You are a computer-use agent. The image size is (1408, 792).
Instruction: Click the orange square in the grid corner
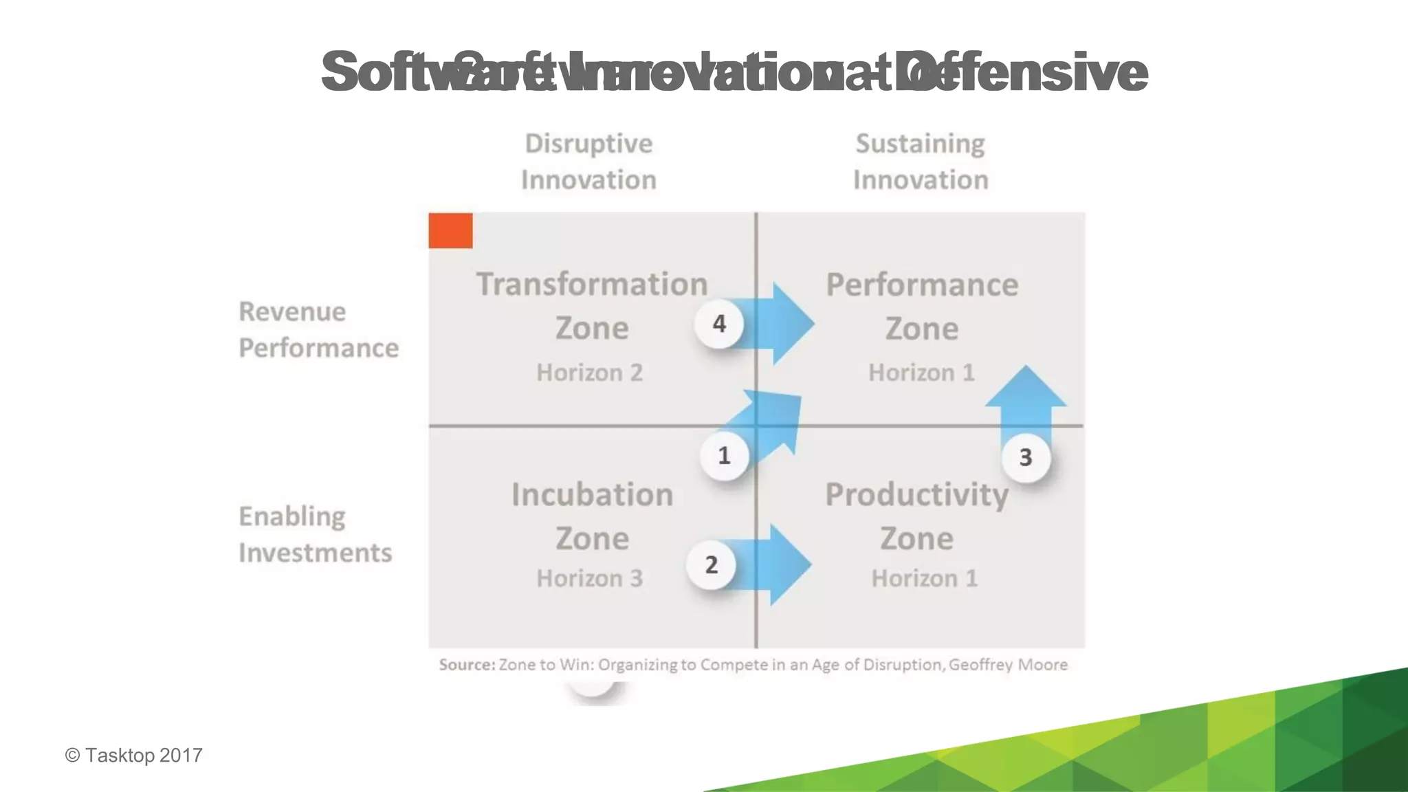pos(450,230)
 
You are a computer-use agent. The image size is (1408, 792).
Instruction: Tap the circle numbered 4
pos(719,323)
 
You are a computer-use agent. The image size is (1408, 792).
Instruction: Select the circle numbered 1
pos(724,455)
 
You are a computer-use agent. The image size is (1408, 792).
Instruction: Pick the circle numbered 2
pos(712,564)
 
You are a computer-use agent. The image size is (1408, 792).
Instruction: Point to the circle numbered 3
pos(1025,457)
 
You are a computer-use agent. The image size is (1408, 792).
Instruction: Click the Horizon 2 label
pos(589,373)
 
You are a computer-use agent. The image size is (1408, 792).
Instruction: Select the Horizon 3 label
pos(589,578)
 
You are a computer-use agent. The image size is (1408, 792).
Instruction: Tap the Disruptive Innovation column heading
pos(588,162)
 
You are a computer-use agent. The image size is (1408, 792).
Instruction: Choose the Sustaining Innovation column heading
pos(921,162)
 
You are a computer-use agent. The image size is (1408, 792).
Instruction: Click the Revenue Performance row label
pos(318,329)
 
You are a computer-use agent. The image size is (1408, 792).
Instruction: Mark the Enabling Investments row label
pos(315,534)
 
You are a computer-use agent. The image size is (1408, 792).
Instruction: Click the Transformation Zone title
pos(592,305)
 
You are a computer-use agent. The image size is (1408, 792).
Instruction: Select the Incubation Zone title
pos(592,516)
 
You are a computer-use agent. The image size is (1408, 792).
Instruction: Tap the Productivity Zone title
pos(916,516)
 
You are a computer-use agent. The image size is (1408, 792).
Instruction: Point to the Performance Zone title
pos(922,305)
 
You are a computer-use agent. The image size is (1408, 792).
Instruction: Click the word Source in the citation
pos(467,665)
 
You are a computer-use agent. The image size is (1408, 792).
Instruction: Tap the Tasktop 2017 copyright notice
pos(134,755)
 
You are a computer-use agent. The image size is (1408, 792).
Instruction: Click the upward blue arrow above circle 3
pos(1026,399)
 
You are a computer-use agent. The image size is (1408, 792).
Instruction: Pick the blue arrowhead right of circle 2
pos(787,564)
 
